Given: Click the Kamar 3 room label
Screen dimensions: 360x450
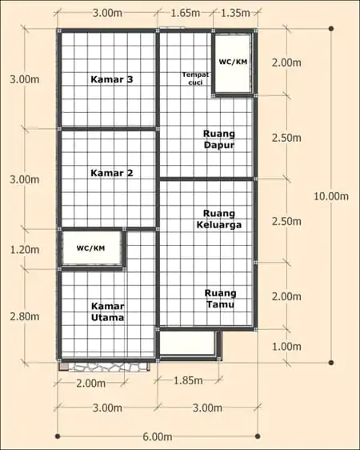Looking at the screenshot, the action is point(112,79).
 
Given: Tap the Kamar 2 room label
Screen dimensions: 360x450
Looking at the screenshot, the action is point(112,173).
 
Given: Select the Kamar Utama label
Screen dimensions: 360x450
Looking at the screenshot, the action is point(107,312).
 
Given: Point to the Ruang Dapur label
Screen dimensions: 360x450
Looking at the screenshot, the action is point(219,139).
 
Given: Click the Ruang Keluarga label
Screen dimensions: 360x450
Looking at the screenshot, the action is point(219,219).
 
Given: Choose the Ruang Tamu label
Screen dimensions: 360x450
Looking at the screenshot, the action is point(221,299).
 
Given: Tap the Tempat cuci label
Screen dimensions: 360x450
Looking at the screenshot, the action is point(195,78).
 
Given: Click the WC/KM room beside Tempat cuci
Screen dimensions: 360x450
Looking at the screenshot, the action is point(233,63).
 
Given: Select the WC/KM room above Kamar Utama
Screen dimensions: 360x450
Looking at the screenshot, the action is point(92,248).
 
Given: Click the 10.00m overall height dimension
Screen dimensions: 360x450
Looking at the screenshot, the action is point(331,197).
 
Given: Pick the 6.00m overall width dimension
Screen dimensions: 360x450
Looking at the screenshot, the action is point(158,437).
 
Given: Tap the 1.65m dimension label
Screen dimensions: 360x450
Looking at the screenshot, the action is point(185,13).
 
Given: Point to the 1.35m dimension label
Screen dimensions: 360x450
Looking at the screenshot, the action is point(235,13).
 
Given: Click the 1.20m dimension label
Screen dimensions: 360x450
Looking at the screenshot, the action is point(25,250).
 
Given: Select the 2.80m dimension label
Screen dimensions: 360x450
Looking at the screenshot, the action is point(25,316).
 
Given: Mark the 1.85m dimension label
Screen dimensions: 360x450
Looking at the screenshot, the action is point(188,380).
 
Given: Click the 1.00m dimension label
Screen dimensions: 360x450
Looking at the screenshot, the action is point(286,347).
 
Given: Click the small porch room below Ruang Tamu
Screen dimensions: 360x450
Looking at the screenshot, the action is point(187,343).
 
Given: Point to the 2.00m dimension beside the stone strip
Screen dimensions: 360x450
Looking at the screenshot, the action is point(91,384).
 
